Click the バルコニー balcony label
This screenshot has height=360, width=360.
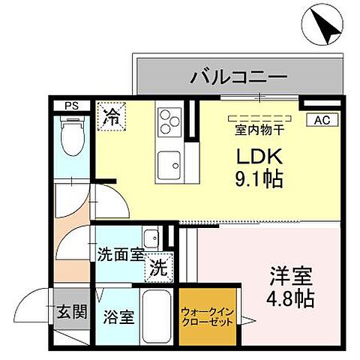[x=238, y=76]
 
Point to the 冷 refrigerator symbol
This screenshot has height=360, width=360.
[x=110, y=117]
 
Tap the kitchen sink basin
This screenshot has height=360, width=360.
[x=169, y=163]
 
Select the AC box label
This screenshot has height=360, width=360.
[x=321, y=119]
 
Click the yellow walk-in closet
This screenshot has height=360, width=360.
[x=206, y=318]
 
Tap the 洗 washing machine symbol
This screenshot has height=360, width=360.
[x=158, y=265]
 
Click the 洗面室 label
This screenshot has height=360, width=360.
[x=120, y=254]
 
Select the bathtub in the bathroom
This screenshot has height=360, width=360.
[x=158, y=316]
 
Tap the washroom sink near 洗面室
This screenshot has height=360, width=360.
[x=151, y=234]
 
